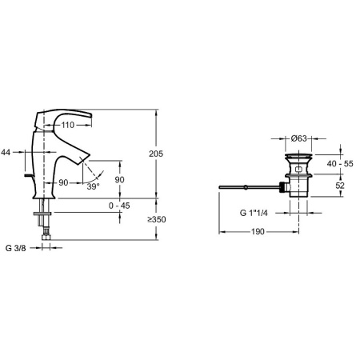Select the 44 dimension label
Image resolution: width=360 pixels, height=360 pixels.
6,151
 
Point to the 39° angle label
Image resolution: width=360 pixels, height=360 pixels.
94,186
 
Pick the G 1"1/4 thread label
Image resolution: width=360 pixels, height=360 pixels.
258,214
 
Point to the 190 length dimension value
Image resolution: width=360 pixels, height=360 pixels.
254,232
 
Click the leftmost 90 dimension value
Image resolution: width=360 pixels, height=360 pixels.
62,183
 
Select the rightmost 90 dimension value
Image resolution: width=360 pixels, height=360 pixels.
120,180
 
